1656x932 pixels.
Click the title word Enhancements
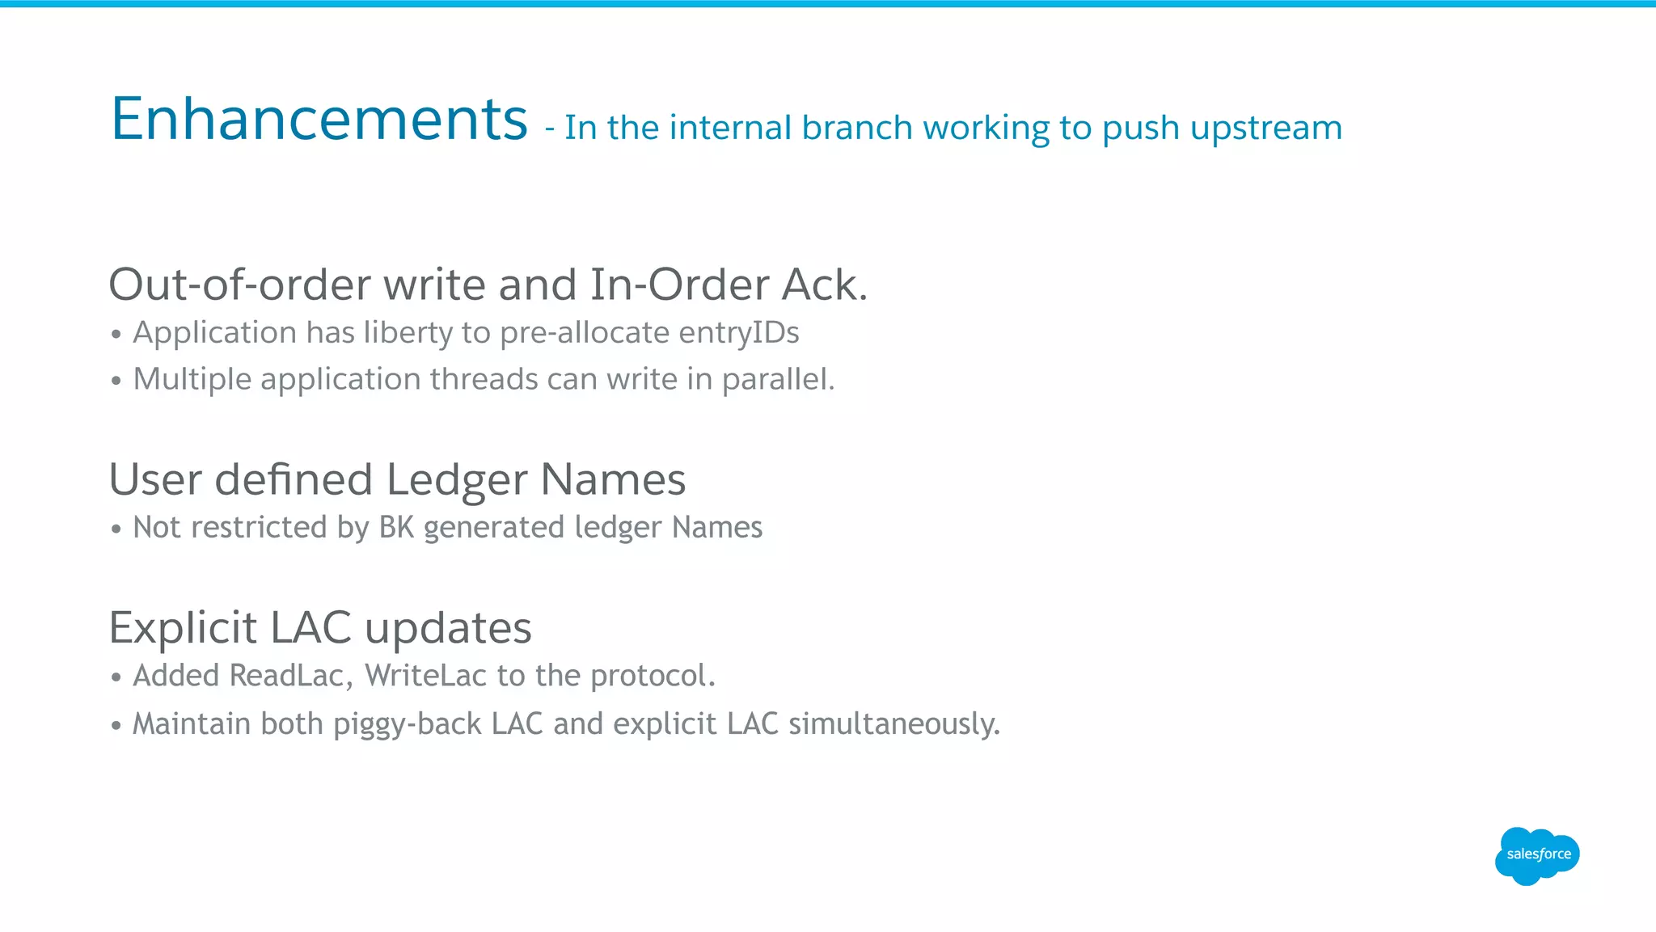click(x=319, y=119)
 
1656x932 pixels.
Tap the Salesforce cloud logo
click(x=1537, y=855)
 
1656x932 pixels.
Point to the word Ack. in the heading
click(x=825, y=285)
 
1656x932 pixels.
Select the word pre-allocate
click(x=585, y=333)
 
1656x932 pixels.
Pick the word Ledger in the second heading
click(x=457, y=479)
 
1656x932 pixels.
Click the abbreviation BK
click(x=396, y=527)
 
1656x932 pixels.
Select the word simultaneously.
click(x=894, y=724)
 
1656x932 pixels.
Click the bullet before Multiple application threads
click(x=116, y=381)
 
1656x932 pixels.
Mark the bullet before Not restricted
click(x=116, y=529)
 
